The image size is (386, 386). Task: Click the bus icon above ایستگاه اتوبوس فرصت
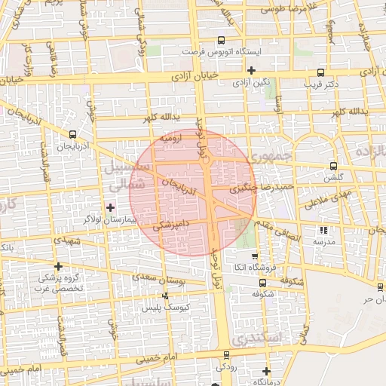click(x=221, y=41)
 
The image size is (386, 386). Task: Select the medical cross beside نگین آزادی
click(x=252, y=70)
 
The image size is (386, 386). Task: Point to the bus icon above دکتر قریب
click(x=321, y=73)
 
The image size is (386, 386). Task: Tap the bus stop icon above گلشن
click(x=333, y=167)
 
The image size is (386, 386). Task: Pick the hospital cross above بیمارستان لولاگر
click(x=111, y=207)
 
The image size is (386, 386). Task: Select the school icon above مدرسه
click(x=324, y=230)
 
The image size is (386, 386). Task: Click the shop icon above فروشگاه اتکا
click(x=254, y=256)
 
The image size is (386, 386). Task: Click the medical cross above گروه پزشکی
click(x=58, y=265)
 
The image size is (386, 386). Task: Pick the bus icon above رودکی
click(x=225, y=355)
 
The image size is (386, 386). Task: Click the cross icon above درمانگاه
click(x=266, y=370)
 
